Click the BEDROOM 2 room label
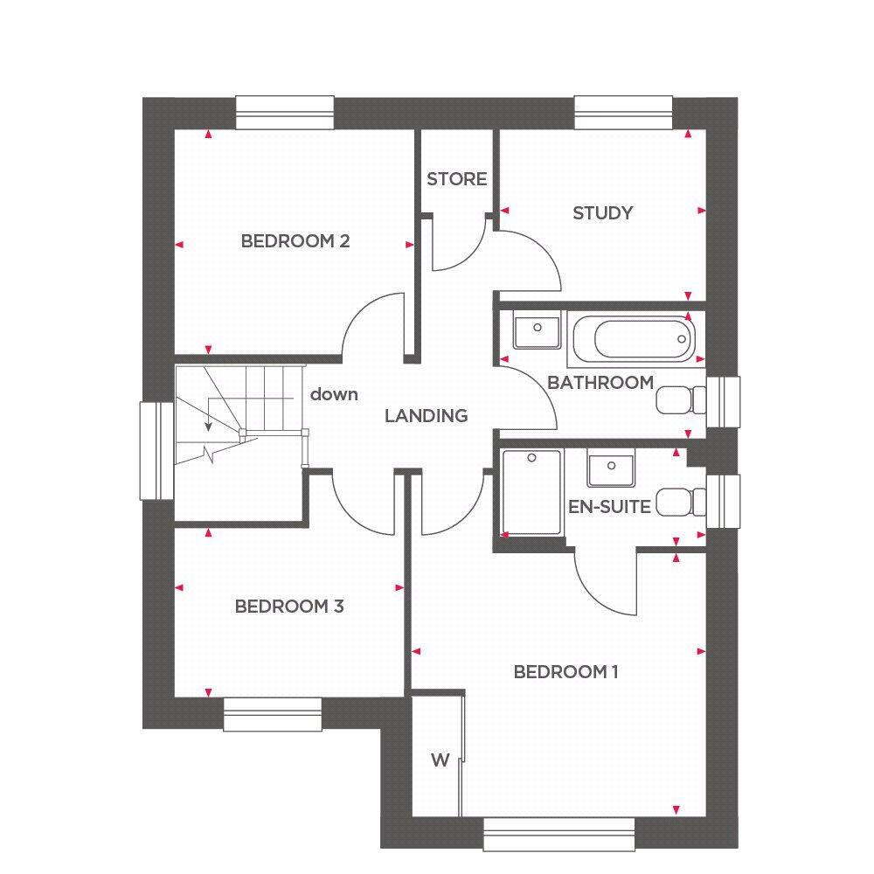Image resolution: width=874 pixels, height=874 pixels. click(295, 241)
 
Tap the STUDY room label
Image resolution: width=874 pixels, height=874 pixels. click(602, 212)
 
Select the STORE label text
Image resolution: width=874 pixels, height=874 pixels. click(456, 179)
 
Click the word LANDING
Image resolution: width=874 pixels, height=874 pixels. click(427, 416)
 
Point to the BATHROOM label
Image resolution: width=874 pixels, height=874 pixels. click(600, 383)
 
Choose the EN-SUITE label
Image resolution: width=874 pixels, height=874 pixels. click(609, 506)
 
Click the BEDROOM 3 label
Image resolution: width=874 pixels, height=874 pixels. click(288, 607)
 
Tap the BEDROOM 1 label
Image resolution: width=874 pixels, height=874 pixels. click(566, 672)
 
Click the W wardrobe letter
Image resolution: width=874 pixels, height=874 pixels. click(439, 760)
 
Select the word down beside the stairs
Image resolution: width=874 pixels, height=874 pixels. click(334, 394)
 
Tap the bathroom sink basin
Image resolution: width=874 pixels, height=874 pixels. click(535, 330)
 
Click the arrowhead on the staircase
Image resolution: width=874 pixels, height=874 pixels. click(208, 427)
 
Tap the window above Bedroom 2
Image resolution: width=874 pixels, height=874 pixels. click(285, 113)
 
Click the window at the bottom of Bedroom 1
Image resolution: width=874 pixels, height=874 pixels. click(559, 833)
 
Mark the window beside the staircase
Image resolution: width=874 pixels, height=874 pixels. click(158, 450)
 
